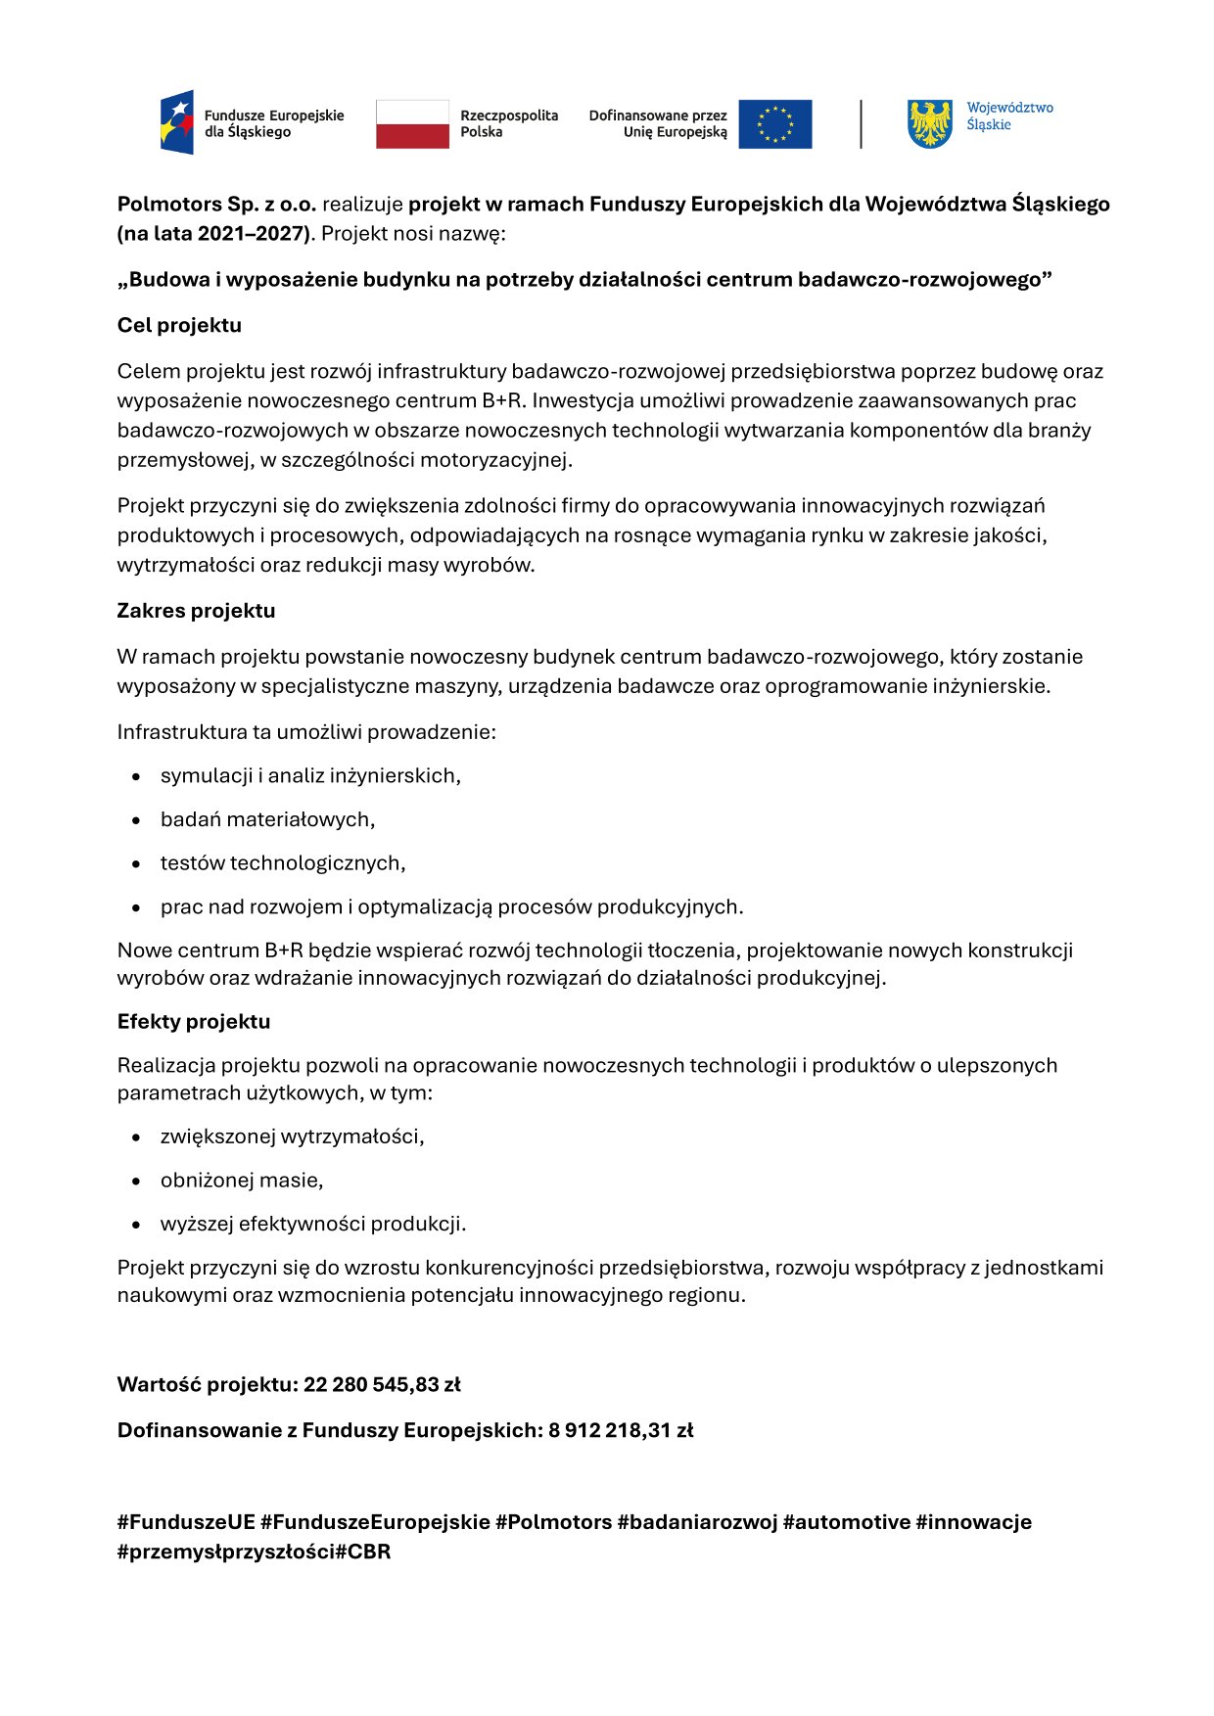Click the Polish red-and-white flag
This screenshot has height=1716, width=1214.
point(412,124)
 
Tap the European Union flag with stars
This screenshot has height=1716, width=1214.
point(774,124)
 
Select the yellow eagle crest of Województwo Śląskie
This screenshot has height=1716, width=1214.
point(929,123)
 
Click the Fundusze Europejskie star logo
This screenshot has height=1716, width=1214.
point(177,122)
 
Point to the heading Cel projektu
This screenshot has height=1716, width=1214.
point(179,325)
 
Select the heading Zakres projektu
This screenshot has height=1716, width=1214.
point(196,611)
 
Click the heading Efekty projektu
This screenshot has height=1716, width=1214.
point(193,1022)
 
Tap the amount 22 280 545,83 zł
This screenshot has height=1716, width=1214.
point(382,1385)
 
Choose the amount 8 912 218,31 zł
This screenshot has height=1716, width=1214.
point(621,1431)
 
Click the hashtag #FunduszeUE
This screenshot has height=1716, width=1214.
point(186,1522)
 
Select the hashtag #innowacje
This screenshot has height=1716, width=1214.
point(973,1522)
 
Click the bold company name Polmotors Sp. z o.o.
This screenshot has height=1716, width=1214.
point(216,205)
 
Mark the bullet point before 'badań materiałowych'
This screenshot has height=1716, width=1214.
point(137,820)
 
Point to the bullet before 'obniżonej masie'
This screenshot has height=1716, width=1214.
point(137,1182)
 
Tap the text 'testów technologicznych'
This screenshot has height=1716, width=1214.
point(282,863)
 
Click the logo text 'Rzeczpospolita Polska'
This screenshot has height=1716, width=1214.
point(509,123)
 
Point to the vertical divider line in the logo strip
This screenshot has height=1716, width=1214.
point(861,124)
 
